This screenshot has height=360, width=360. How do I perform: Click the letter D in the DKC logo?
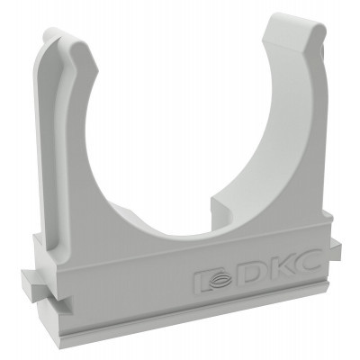pyautogui.click(x=254, y=274)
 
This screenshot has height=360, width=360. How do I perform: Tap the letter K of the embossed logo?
pyautogui.click(x=281, y=267)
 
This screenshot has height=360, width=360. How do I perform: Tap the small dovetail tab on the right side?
pyautogui.click(x=336, y=249)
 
